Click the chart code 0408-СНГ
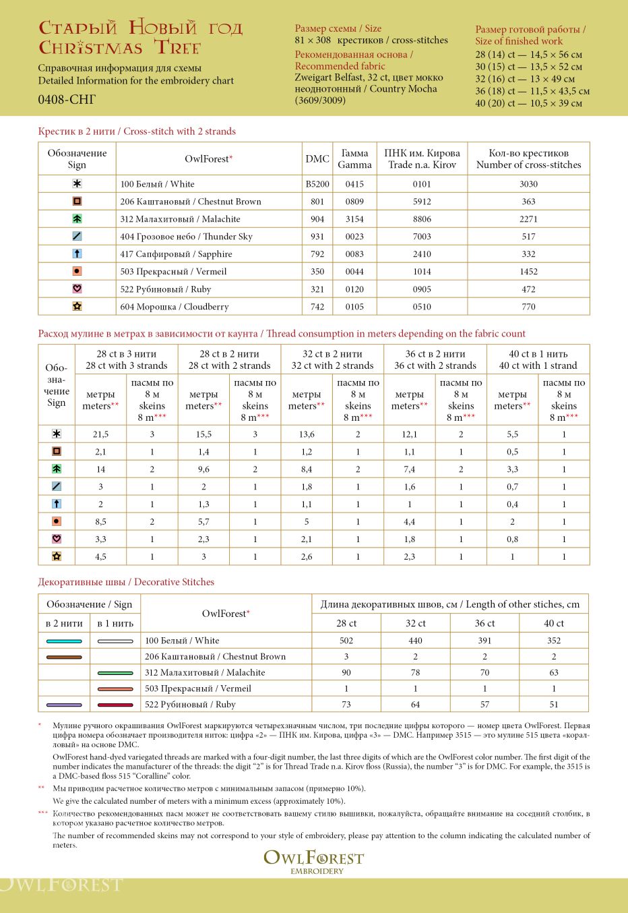pyautogui.click(x=67, y=99)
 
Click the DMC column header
pyautogui.click(x=317, y=159)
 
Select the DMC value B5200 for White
pyautogui.click(x=317, y=184)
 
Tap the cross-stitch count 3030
pyautogui.click(x=528, y=184)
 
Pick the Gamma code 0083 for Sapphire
pyautogui.click(x=354, y=254)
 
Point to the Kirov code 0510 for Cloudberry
pyautogui.click(x=422, y=307)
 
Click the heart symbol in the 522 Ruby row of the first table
pyautogui.click(x=77, y=289)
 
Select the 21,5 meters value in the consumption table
pyautogui.click(x=101, y=435)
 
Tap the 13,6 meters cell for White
pyautogui.click(x=307, y=435)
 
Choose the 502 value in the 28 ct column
pyautogui.click(x=346, y=641)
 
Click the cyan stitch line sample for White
pyautogui.click(x=64, y=641)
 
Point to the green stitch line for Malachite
pyautogui.click(x=115, y=673)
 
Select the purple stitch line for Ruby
pyautogui.click(x=64, y=705)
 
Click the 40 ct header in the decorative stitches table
pyautogui.click(x=554, y=623)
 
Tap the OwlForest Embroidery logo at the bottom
pyautogui.click(x=313, y=861)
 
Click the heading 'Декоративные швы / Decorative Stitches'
pyautogui.click(x=126, y=582)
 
